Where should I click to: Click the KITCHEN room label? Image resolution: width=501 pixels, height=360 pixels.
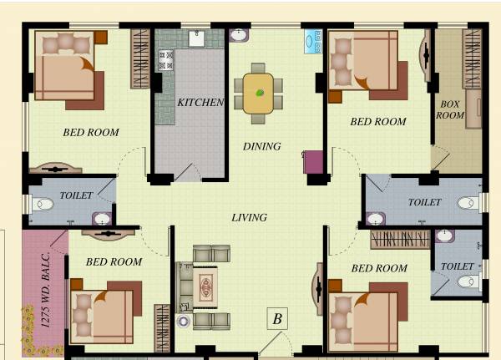(x=200, y=102)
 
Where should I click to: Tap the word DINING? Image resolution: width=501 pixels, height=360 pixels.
(x=261, y=146)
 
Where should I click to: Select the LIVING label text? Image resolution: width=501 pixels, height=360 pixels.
(x=249, y=217)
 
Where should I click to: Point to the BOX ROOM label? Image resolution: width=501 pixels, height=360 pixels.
(x=450, y=109)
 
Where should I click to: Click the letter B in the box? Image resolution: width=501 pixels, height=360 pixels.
(x=277, y=318)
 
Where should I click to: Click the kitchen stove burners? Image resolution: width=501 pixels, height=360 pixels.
(x=165, y=59)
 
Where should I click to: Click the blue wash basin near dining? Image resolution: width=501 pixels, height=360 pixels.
(x=313, y=41)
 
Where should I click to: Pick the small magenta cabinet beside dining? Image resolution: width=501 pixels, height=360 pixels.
(x=313, y=161)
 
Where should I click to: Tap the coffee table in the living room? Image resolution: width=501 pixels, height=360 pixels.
(x=205, y=287)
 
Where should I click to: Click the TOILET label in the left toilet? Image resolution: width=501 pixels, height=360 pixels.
(x=76, y=195)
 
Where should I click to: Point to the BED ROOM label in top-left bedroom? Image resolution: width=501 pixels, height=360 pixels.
(x=91, y=132)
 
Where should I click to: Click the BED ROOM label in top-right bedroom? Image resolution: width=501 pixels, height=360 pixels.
(x=378, y=122)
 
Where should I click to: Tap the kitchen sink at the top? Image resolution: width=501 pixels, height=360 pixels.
(x=197, y=38)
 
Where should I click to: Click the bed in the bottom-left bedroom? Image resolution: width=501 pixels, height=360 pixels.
(x=100, y=312)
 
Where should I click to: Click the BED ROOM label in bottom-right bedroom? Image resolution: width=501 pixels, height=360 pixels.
(x=379, y=268)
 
